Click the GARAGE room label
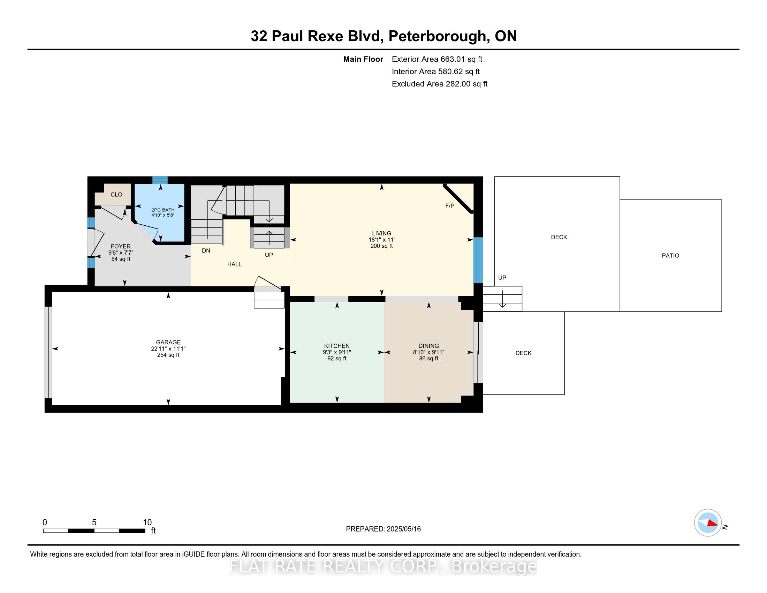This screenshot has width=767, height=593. [168, 342]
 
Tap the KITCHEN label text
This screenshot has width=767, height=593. [337, 346]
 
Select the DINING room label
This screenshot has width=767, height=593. [428, 346]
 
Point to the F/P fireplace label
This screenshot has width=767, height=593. [449, 206]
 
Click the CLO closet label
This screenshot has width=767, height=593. [116, 195]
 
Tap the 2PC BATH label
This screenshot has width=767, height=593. [163, 210]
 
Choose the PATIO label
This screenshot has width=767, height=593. [670, 256]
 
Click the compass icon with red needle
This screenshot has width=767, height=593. [708, 523]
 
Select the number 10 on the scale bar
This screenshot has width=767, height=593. [147, 523]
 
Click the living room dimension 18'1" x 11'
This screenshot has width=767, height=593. [381, 240]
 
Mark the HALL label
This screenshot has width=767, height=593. [234, 264]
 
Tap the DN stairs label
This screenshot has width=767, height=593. [206, 250]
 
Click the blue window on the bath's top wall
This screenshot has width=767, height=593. [160, 180]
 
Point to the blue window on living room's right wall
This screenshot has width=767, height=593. [478, 260]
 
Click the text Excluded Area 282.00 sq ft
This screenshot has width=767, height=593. [439, 84]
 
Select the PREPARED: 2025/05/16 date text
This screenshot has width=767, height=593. [383, 529]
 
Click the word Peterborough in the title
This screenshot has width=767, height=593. [437, 36]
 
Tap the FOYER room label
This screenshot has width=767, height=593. [121, 247]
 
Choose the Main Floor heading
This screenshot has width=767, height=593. [363, 59]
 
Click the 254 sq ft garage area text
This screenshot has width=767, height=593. [168, 355]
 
